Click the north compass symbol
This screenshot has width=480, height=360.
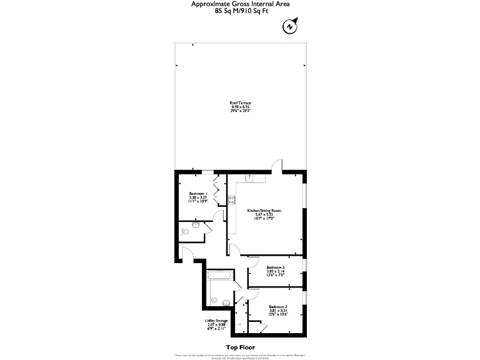tap(289, 26)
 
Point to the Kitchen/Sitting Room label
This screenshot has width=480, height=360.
tap(264, 211)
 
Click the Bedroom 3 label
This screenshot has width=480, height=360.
tap(276, 267)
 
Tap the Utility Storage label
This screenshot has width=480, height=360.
tap(216, 321)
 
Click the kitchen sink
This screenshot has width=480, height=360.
tap(249, 178)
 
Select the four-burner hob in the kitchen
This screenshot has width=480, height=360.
tap(232, 200)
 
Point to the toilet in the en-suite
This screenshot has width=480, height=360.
tap(184, 231)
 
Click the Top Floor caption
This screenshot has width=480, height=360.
tap(240, 347)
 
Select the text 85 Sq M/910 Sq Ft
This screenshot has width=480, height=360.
tap(240, 11)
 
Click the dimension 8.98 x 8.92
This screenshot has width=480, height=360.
tap(240, 106)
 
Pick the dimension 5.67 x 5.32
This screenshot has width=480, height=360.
tap(264, 214)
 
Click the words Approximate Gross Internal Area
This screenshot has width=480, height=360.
tap(240, 4)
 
